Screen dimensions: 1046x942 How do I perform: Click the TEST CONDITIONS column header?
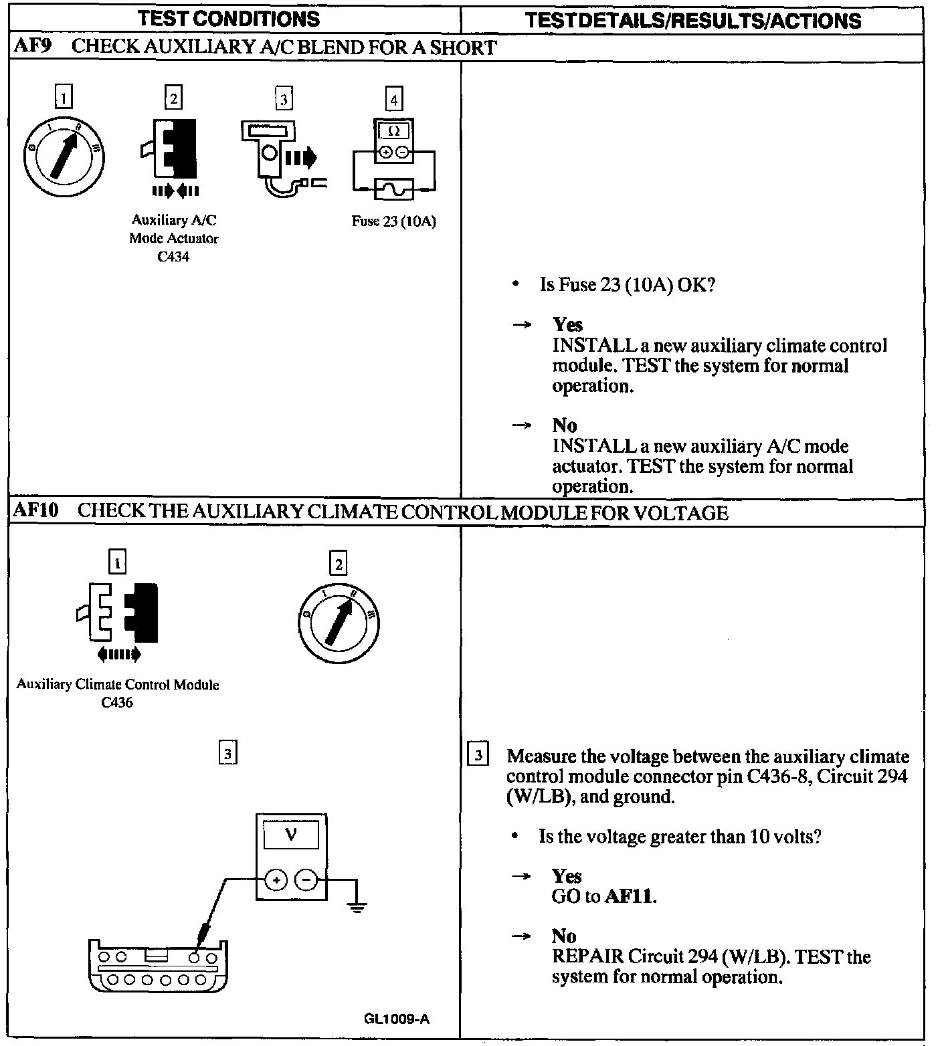(229, 19)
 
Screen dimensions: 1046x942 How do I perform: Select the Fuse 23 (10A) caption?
(393, 221)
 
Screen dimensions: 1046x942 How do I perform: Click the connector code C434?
(173, 257)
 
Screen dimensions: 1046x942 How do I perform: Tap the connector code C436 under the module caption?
(117, 702)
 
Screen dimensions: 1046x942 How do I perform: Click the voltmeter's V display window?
(291, 835)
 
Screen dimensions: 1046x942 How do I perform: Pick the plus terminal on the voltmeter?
(276, 879)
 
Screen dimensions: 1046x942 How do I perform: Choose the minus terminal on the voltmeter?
(306, 879)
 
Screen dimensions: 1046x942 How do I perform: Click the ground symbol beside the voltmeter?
(358, 907)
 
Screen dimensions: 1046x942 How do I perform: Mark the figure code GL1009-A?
(397, 1019)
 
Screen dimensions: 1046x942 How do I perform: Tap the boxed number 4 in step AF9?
(393, 100)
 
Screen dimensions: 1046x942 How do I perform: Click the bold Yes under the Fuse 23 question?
(567, 325)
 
